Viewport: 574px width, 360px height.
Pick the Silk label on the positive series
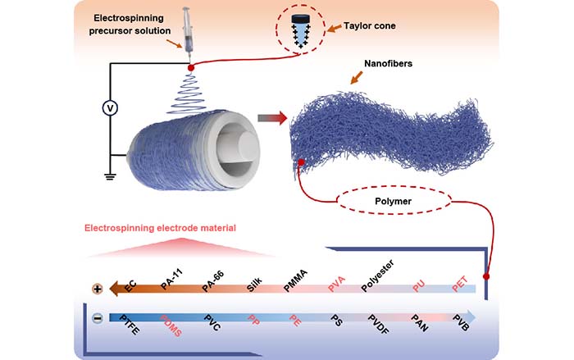(256, 282)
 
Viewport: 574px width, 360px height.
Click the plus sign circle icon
(98, 289)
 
